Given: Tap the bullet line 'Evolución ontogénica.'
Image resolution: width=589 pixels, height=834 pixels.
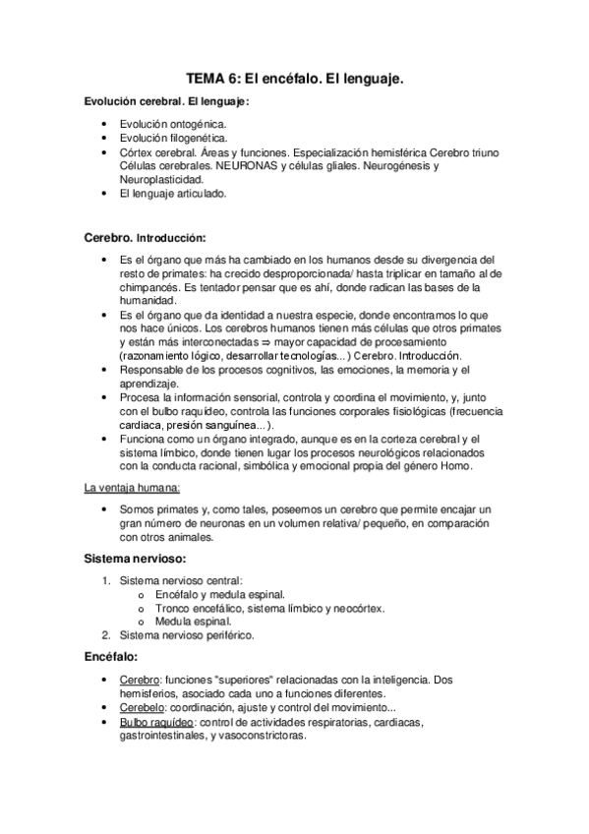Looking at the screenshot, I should pyautogui.click(x=172, y=126).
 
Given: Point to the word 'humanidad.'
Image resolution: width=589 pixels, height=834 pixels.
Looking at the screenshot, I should pyautogui.click(x=147, y=300).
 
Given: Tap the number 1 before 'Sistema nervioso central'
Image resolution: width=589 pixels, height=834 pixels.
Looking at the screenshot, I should pyautogui.click(x=106, y=581).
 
